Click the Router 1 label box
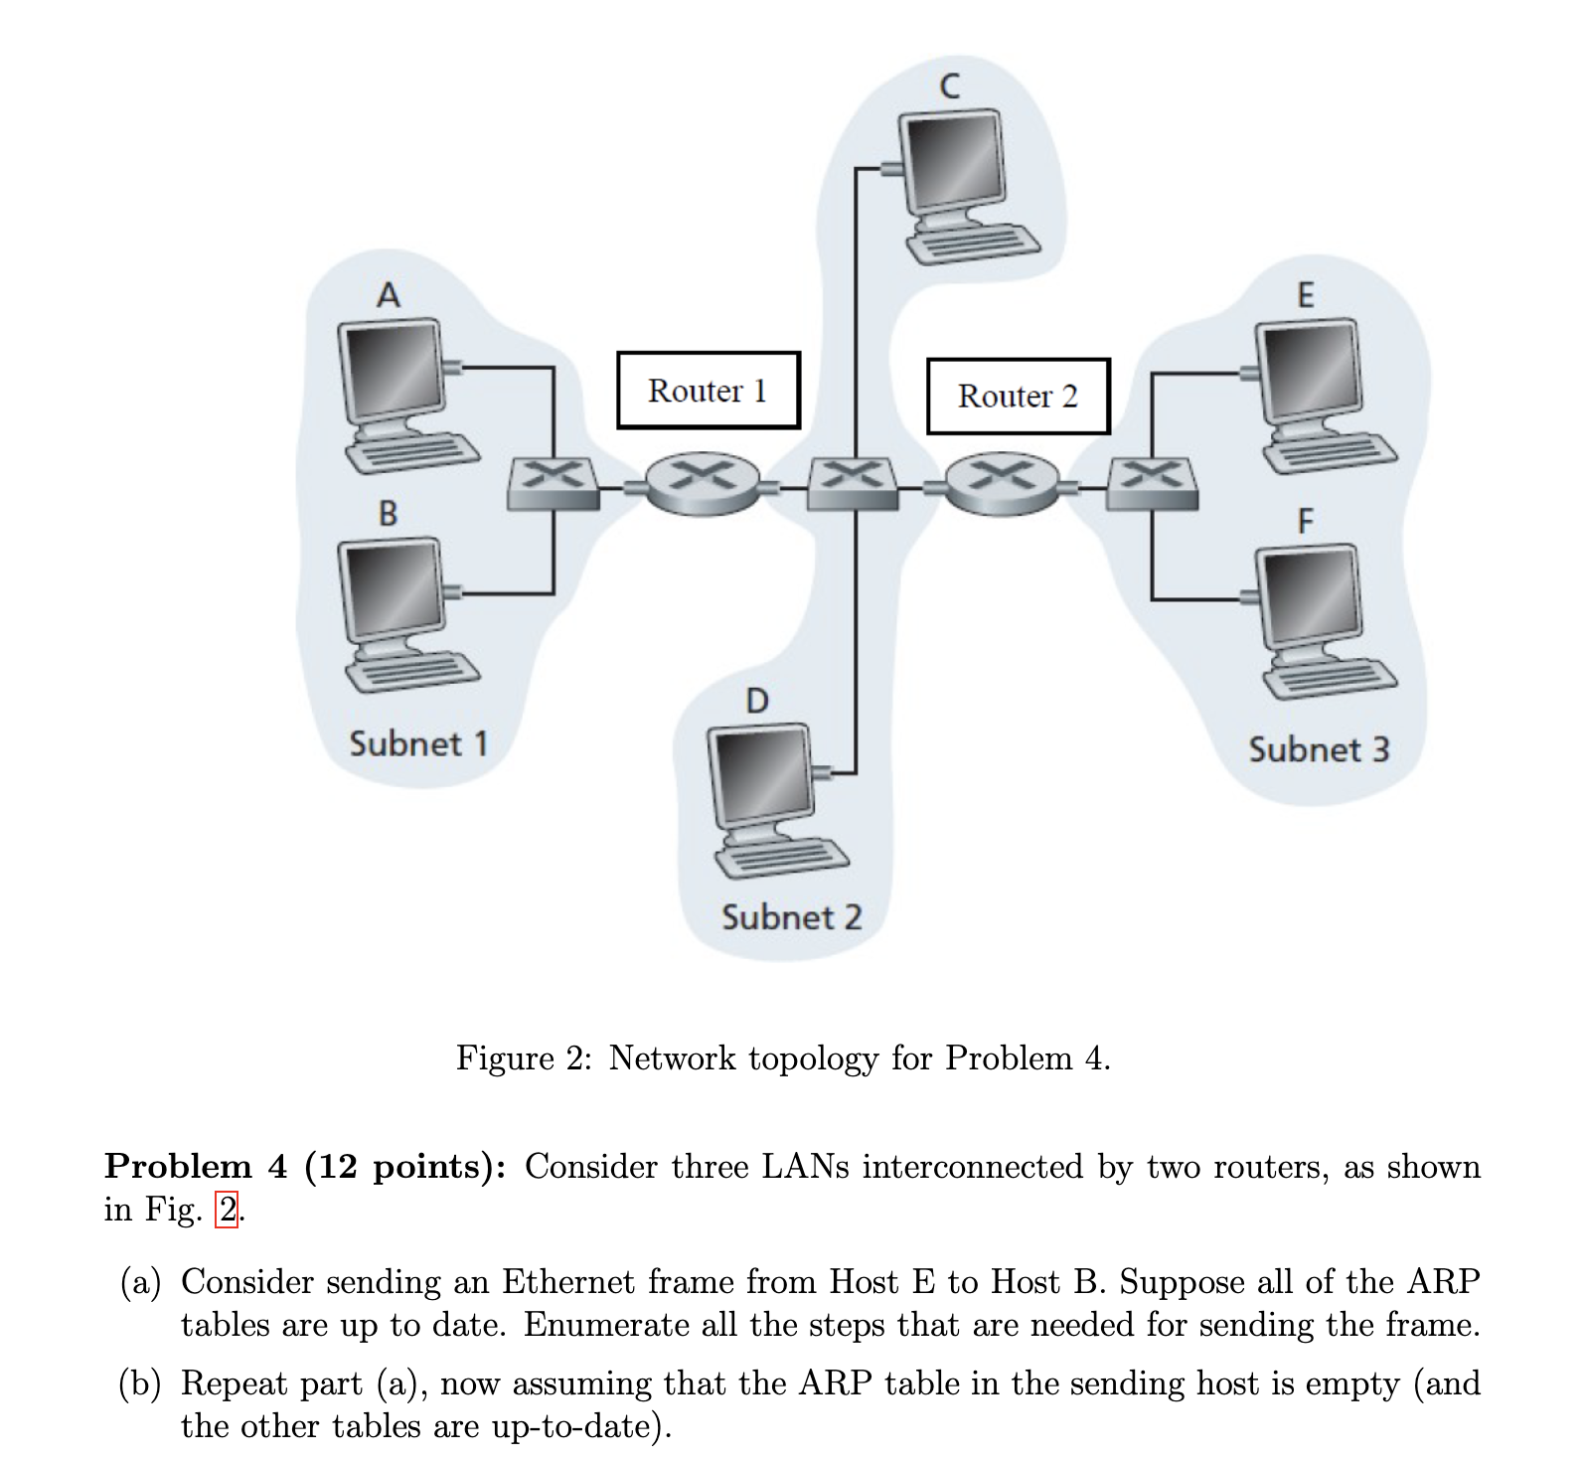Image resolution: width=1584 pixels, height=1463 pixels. tap(708, 390)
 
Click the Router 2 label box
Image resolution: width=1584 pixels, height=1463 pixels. tap(1018, 396)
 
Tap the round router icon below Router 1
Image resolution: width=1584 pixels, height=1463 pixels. tap(707, 483)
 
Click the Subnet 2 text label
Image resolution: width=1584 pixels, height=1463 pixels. tap(791, 916)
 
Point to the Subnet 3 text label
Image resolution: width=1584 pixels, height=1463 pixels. tap(1318, 749)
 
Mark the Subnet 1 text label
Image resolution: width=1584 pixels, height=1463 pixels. tap(418, 743)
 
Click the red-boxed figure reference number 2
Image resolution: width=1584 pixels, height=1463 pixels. tap(228, 1210)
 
